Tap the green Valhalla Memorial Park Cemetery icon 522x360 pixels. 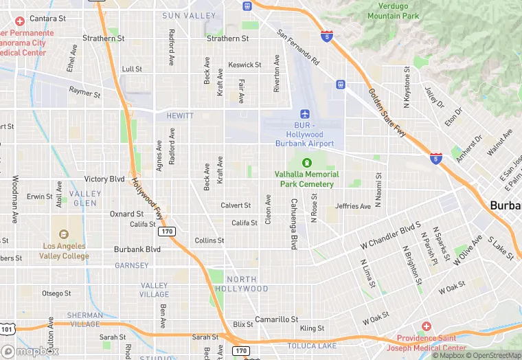pyautogui.click(x=306, y=162)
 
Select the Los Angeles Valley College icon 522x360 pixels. pyautogui.click(x=64, y=234)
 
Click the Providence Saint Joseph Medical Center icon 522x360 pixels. pyautogui.click(x=426, y=326)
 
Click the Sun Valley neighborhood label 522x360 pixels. pyautogui.click(x=189, y=15)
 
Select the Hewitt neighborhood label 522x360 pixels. pyautogui.click(x=180, y=116)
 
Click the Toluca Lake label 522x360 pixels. pyautogui.click(x=309, y=346)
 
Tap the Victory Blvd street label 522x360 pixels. pyautogui.click(x=104, y=179)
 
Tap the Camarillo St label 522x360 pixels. pyautogui.click(x=276, y=319)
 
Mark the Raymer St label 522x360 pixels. pyautogui.click(x=84, y=91)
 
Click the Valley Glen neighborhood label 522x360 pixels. pyautogui.click(x=84, y=199)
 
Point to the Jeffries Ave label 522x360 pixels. pyautogui.click(x=353, y=206)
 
